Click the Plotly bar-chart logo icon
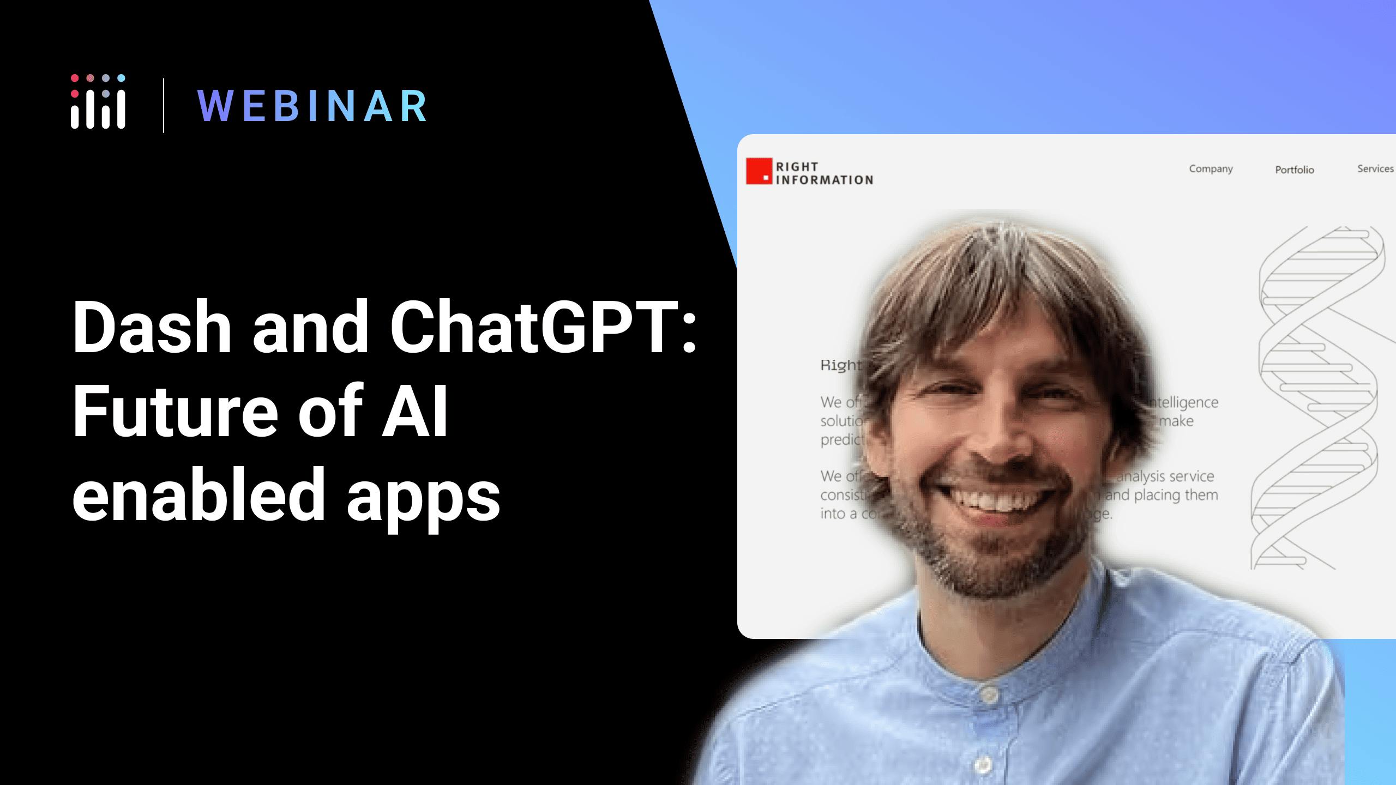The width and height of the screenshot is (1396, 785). click(98, 102)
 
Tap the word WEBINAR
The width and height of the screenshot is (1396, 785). click(312, 106)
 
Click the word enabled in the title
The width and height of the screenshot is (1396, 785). click(198, 496)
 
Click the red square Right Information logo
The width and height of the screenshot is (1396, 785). click(759, 171)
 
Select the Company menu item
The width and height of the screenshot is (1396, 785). click(1211, 169)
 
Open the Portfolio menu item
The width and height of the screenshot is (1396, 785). click(1294, 170)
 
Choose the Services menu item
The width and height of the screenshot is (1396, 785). click(1375, 169)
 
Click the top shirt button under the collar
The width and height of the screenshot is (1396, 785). click(989, 693)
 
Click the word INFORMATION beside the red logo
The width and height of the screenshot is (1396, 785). click(824, 180)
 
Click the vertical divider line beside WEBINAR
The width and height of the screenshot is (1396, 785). click(164, 106)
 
